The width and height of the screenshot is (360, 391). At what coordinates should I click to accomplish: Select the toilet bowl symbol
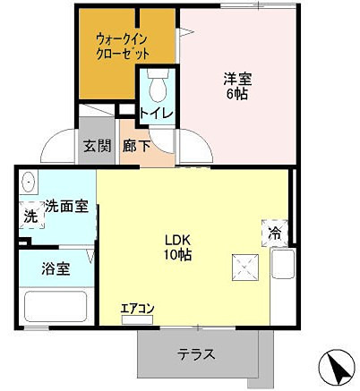158,87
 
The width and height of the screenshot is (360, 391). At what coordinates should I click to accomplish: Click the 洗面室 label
66,207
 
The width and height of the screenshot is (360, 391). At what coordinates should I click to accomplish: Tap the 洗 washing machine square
30,216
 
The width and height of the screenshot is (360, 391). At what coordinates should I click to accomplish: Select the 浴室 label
56,268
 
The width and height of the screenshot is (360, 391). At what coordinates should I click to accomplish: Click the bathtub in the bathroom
56,306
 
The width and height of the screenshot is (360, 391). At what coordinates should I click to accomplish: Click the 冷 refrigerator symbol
274,231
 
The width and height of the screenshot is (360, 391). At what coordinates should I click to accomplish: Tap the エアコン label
138,310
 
